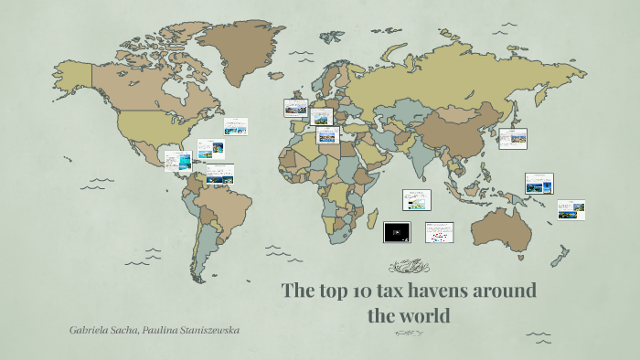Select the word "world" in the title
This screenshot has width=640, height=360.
425,317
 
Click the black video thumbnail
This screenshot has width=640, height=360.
397,232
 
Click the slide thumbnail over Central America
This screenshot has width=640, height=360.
178,160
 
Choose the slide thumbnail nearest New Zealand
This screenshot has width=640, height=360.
571,209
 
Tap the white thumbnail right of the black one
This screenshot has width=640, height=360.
439,232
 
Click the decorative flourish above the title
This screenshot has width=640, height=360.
409,266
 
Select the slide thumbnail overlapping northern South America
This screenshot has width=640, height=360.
219,174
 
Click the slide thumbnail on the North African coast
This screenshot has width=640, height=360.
327,136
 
